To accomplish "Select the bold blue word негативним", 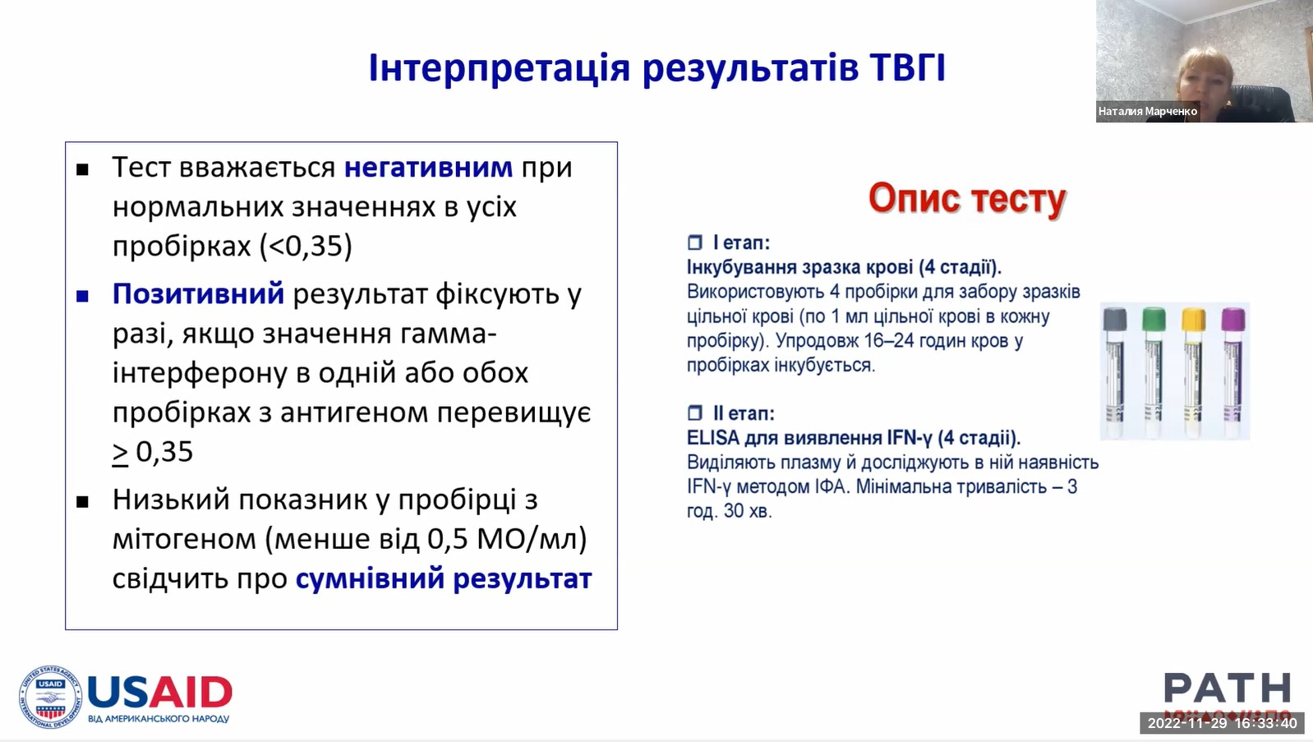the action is [x=428, y=167].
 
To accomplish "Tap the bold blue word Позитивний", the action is [x=198, y=293].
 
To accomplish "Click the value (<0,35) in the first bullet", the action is [x=306, y=246].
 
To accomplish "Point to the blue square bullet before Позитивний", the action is [x=83, y=296].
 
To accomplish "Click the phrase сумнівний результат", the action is [x=444, y=578].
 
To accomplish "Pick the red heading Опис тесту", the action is [x=966, y=198].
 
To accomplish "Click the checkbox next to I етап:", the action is [x=694, y=242].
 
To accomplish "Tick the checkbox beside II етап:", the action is [x=694, y=413].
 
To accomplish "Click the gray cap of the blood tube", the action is [x=1115, y=320].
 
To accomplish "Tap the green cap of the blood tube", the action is [x=1154, y=320].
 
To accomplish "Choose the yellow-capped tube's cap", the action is [x=1193, y=320].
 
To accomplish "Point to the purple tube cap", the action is [x=1233, y=320].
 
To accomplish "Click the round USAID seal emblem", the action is [x=50, y=698].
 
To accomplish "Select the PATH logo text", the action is [x=1227, y=688].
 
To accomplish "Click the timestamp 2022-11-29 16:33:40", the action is [x=1222, y=723].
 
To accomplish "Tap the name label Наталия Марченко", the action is [x=1148, y=111].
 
